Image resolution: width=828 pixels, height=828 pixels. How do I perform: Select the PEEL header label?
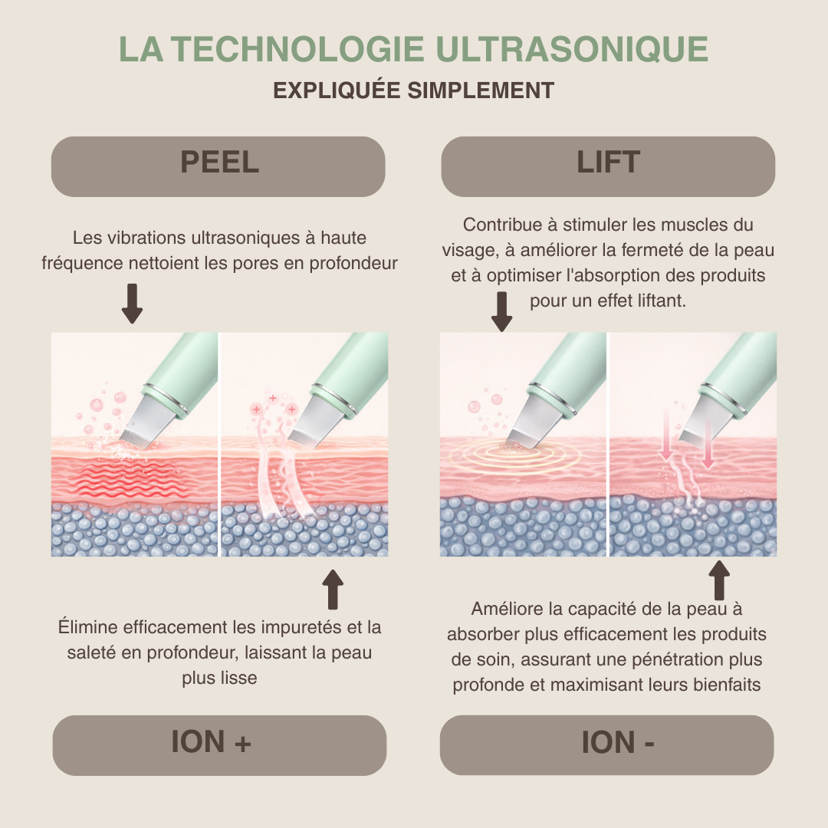click(x=219, y=163)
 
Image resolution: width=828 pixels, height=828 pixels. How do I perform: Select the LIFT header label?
click(x=608, y=163)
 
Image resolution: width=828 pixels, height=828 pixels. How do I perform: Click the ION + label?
click(x=211, y=742)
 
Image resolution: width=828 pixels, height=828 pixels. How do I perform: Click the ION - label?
click(x=617, y=742)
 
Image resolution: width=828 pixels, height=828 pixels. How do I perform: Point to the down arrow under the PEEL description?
click(x=133, y=303)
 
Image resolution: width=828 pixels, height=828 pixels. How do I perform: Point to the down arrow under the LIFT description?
click(x=502, y=311)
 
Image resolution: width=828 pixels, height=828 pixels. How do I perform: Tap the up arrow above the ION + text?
click(x=333, y=590)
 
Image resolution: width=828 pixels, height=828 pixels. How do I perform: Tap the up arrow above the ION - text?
click(x=719, y=581)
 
